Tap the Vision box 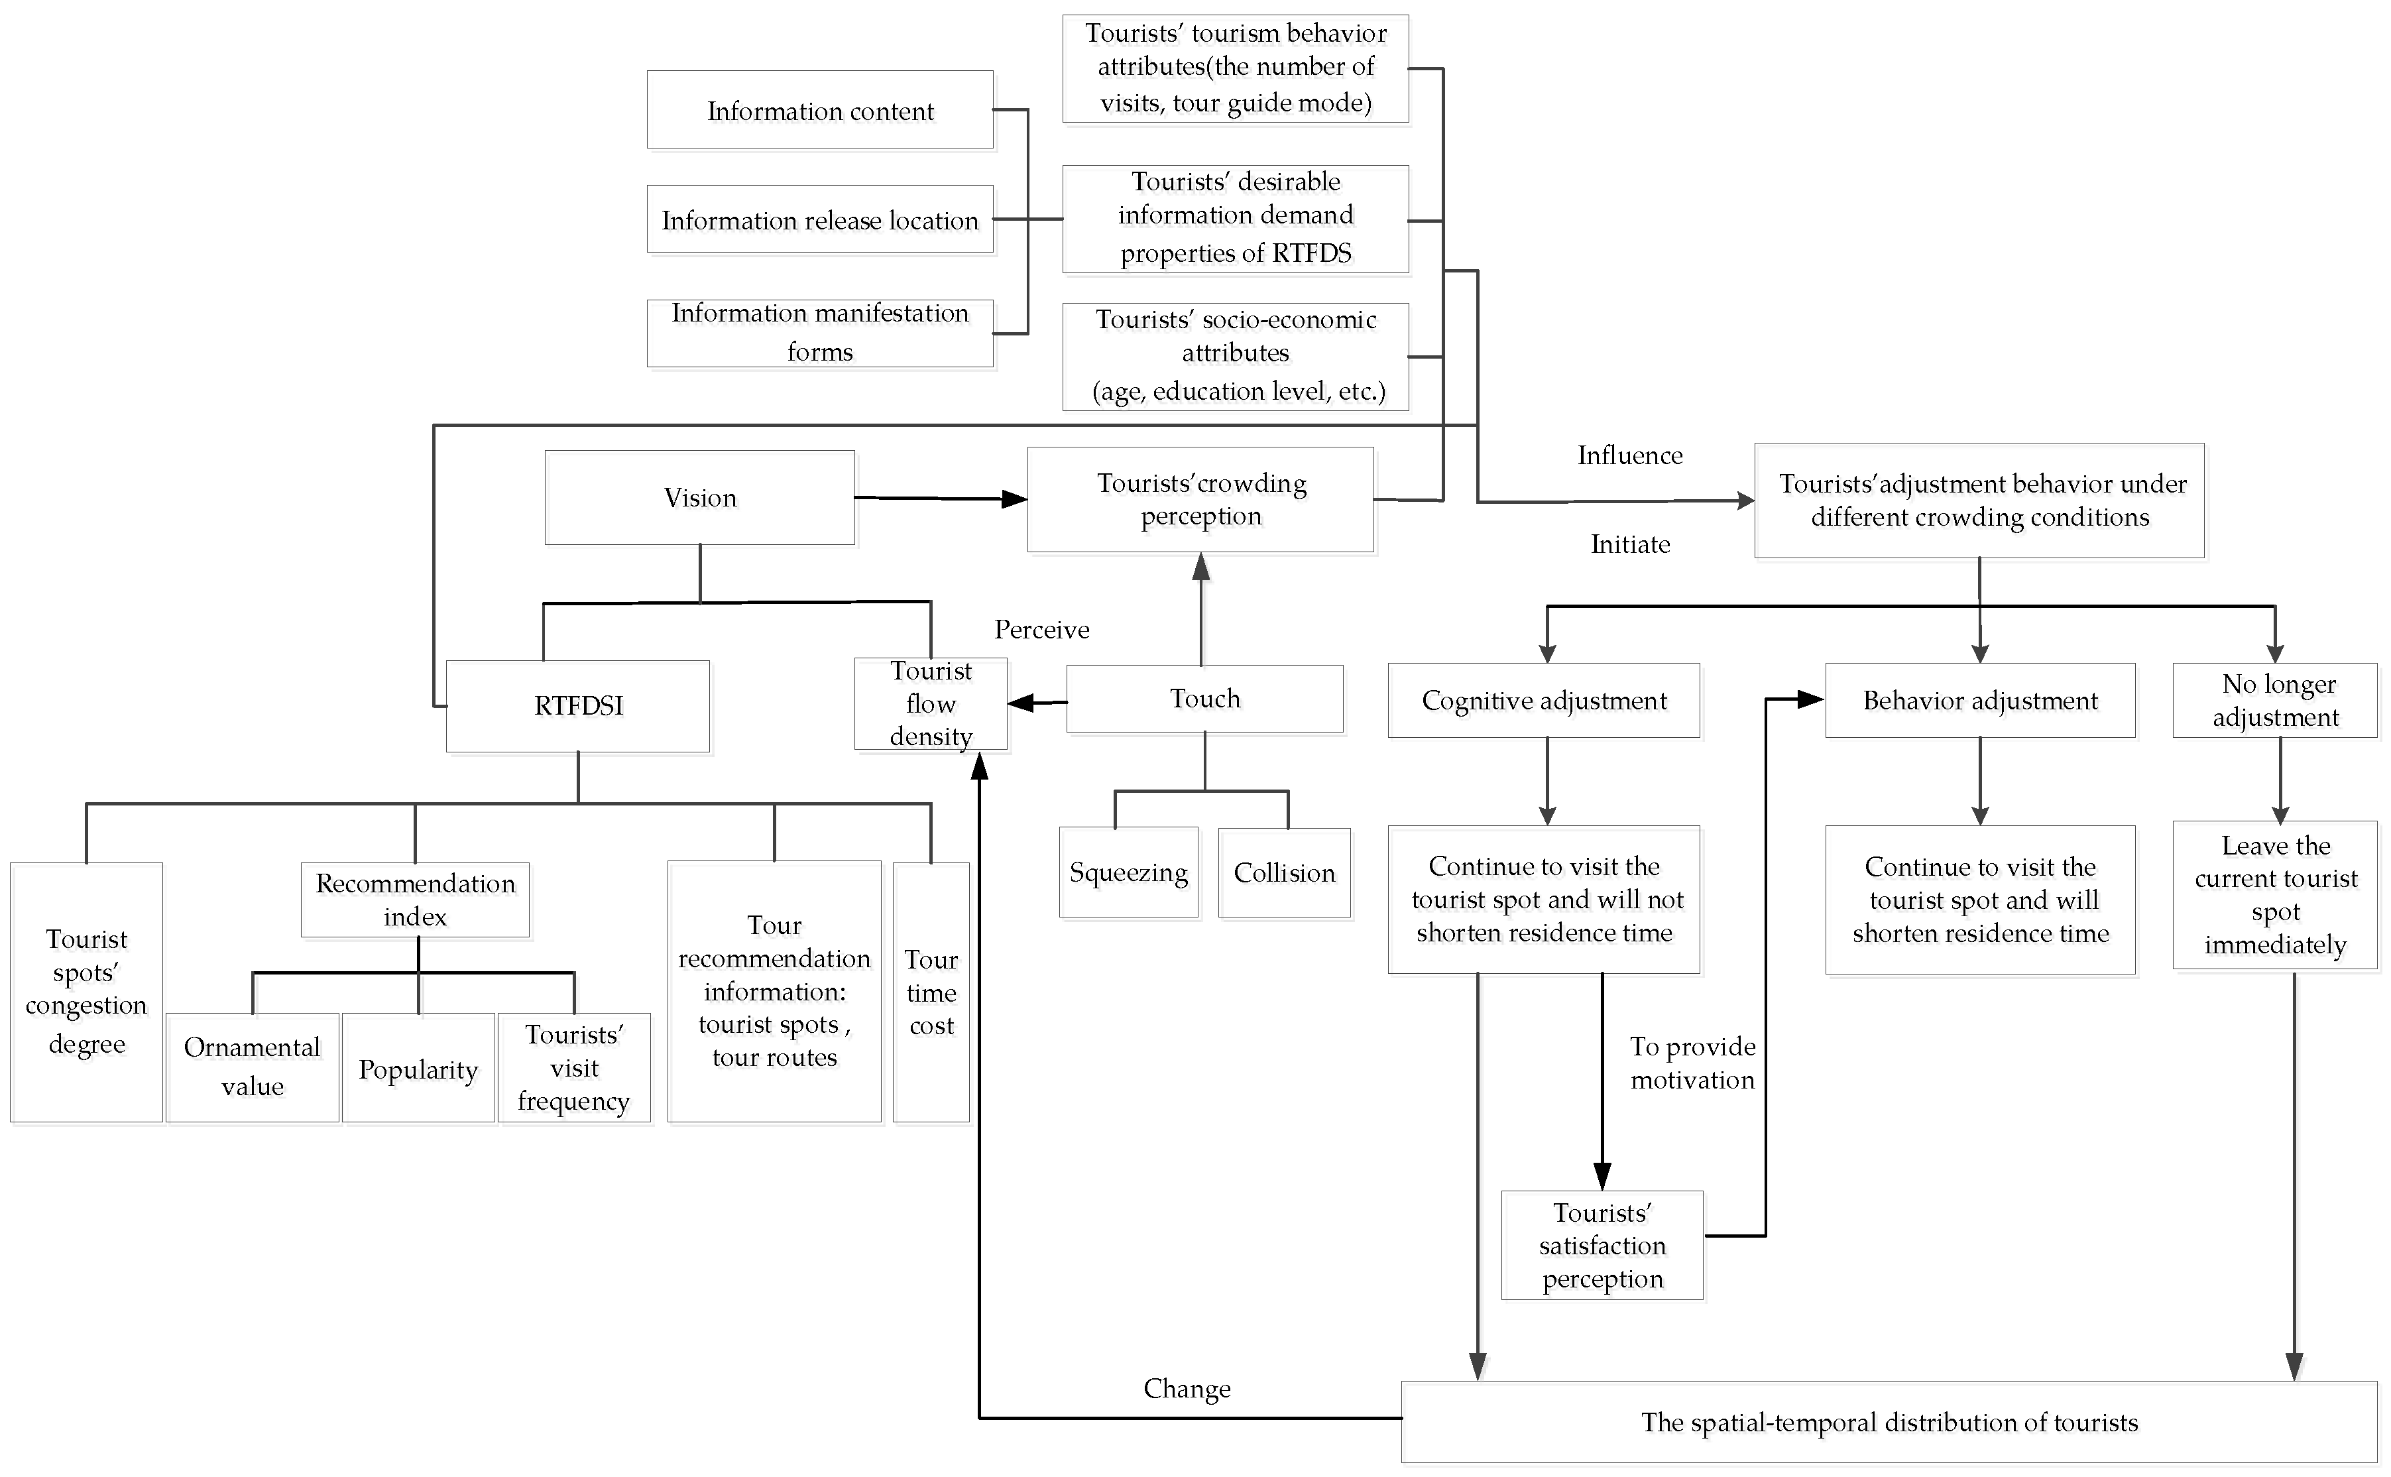click(x=699, y=497)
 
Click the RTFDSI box click(x=577, y=705)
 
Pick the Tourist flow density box click(x=930, y=703)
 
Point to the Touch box click(x=1204, y=699)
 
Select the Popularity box click(x=418, y=1068)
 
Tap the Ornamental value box click(x=252, y=1066)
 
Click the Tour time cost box click(x=931, y=992)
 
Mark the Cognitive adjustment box click(x=1543, y=701)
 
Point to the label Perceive click(x=1041, y=629)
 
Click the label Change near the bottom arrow click(x=1187, y=1388)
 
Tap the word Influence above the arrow click(x=1629, y=455)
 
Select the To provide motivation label click(x=1692, y=1063)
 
